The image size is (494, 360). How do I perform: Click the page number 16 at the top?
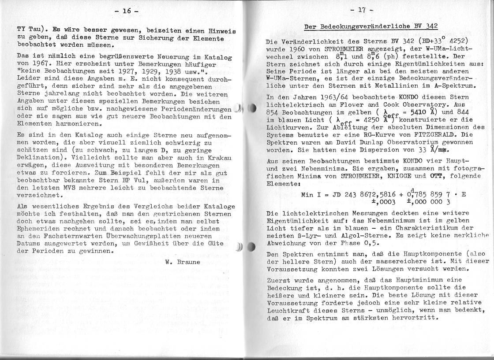(x=126, y=11)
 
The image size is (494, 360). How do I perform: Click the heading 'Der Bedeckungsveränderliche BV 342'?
(x=371, y=26)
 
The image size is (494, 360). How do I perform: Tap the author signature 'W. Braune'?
(x=183, y=261)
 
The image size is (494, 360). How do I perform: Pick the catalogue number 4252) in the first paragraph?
(x=459, y=41)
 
